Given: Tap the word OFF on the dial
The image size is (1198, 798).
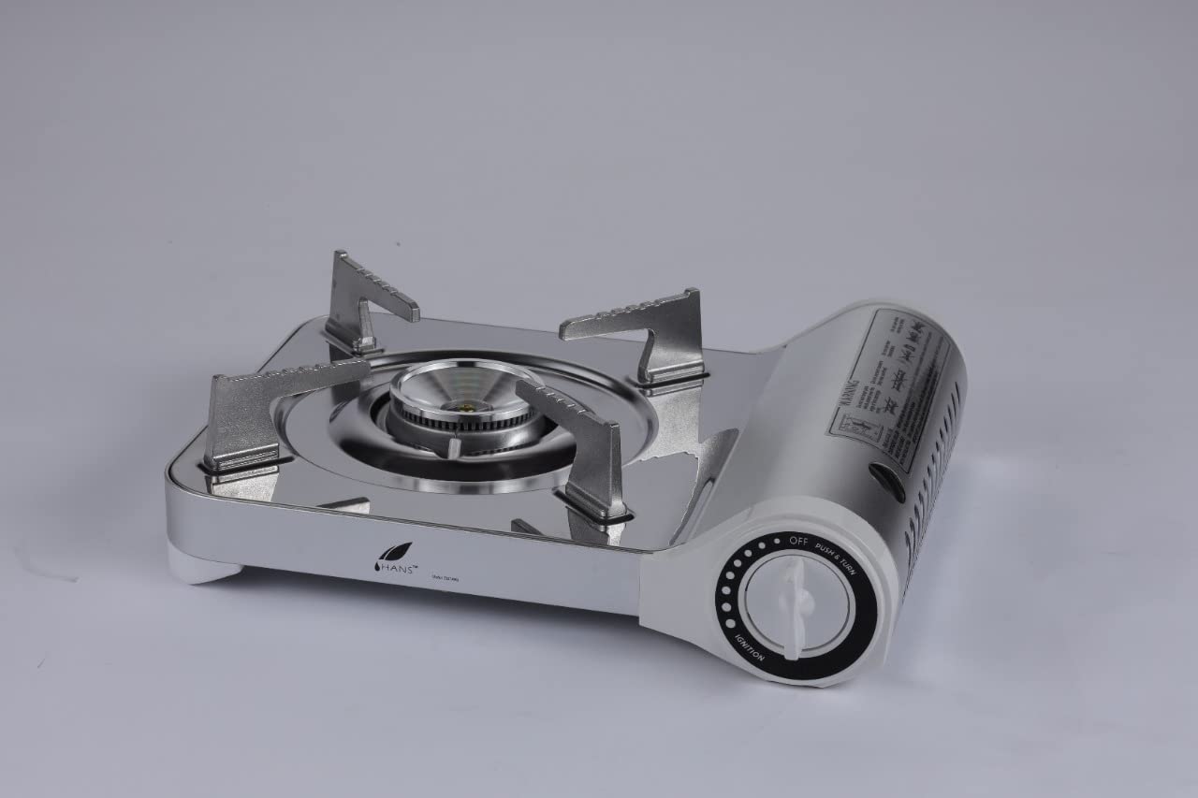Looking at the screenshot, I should point(797,540).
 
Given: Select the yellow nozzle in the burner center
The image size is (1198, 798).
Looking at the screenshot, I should point(465,405).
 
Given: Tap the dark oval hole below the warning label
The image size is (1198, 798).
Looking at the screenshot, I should point(886,480).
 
